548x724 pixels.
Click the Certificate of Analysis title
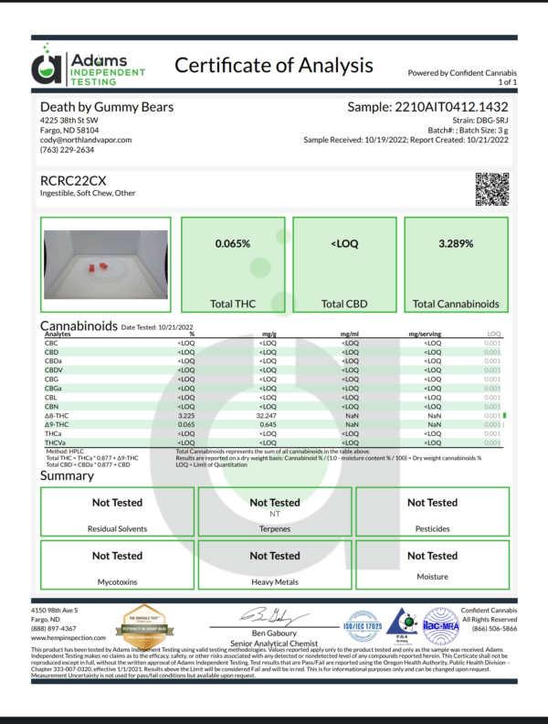click(x=273, y=65)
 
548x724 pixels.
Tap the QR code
click(x=491, y=187)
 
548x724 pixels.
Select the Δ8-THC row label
click(x=58, y=416)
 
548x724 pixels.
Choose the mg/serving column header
click(x=427, y=335)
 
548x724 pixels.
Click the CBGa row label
click(x=54, y=389)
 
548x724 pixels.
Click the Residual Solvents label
click(x=117, y=528)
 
